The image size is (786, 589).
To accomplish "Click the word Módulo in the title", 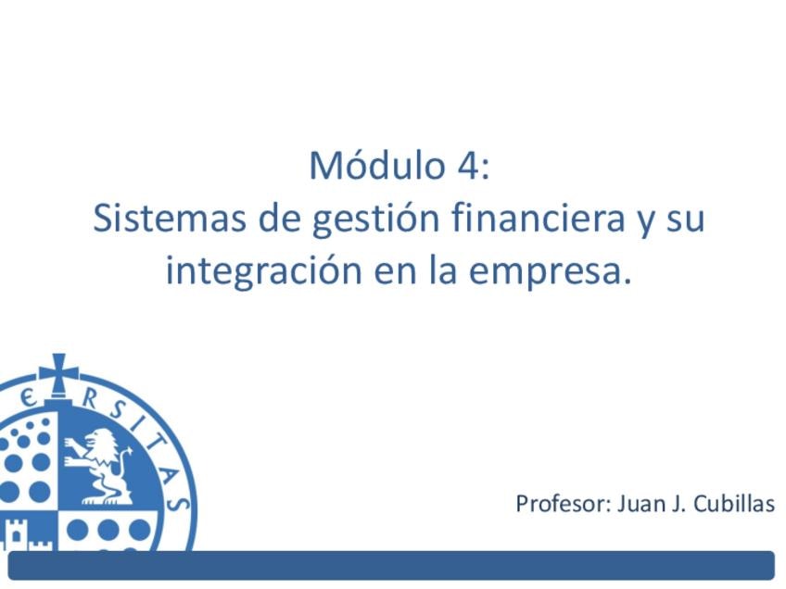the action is pos(377,165).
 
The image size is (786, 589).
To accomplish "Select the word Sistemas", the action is pos(170,219).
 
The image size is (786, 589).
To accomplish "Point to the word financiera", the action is pos(538,218).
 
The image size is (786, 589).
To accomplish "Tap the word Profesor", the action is pos(564,504).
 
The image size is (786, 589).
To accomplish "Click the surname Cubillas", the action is pos(734,504).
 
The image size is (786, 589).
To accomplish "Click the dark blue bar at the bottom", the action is pos(391,566).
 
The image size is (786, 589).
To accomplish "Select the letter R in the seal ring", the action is pos(90,400).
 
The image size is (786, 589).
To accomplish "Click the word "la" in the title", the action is pos(442,269).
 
